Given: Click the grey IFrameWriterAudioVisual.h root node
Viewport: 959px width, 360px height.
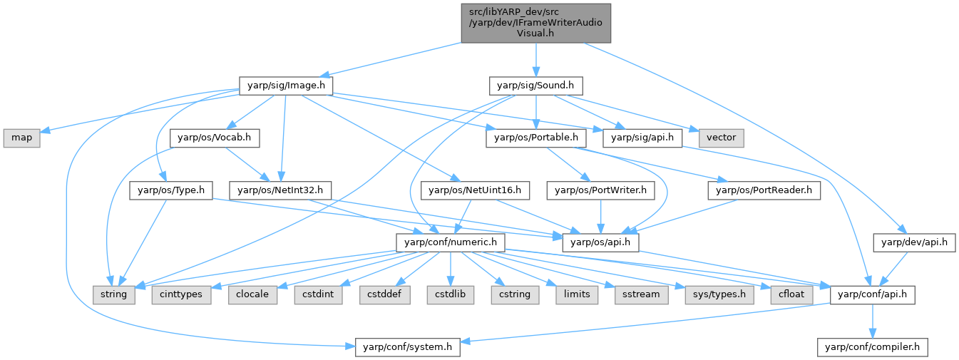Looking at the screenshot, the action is click(x=535, y=23).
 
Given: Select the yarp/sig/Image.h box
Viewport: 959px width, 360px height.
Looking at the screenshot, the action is click(x=286, y=86).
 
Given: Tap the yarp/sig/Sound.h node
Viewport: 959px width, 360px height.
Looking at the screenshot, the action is click(x=535, y=86).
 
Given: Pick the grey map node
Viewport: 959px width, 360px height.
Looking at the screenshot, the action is click(x=22, y=138).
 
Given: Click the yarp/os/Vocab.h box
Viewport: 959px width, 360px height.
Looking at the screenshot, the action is click(x=215, y=138).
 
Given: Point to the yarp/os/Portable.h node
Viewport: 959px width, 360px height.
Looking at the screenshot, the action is click(x=536, y=138).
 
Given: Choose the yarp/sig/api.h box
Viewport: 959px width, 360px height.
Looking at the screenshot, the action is click(x=642, y=138).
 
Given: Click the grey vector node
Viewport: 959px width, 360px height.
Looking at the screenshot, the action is click(x=722, y=138).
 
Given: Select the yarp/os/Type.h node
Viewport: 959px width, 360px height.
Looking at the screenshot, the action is click(x=171, y=190).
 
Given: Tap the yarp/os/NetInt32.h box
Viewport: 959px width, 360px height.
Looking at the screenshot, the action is click(x=280, y=190).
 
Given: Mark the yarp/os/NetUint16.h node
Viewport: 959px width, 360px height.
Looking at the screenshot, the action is click(x=475, y=190).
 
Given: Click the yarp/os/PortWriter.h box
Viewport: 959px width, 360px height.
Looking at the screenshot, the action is click(x=600, y=190).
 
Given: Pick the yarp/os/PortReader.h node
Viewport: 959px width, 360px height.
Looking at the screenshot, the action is click(x=764, y=190).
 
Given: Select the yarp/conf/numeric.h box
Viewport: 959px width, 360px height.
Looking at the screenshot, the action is click(x=451, y=242).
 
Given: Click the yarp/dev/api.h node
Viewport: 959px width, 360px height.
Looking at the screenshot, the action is click(x=914, y=242).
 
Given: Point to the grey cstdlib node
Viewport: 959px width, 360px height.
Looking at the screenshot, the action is click(x=451, y=294).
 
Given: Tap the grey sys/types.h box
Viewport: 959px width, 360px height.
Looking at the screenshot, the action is click(x=719, y=294).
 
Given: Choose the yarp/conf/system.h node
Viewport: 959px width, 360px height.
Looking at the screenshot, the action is click(x=408, y=346).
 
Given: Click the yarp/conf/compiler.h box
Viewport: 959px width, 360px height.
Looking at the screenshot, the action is click(x=873, y=346).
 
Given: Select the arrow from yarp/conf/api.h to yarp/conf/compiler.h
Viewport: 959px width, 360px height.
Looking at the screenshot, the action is click(x=873, y=321).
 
